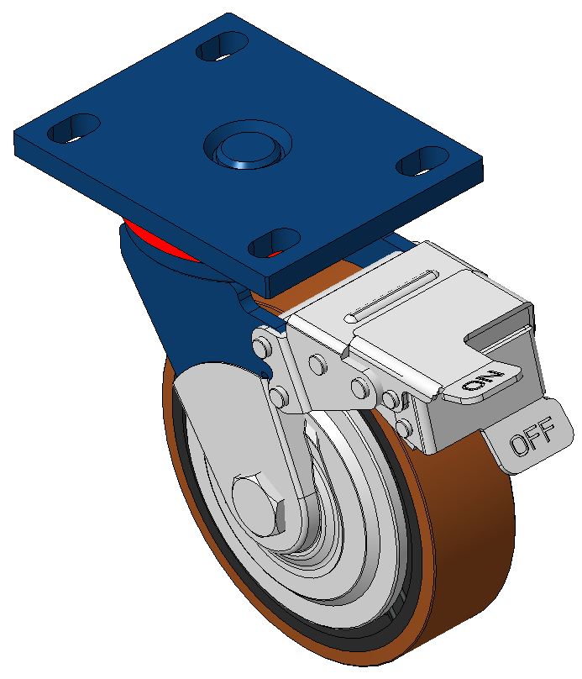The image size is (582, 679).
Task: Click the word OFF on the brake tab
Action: (532, 436)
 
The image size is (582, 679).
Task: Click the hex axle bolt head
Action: (259, 505)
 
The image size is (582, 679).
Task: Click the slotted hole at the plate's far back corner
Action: (222, 46)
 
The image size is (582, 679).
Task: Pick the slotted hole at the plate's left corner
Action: (74, 129)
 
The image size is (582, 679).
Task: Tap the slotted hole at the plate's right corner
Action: (422, 161)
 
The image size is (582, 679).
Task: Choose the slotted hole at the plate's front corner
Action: (274, 243)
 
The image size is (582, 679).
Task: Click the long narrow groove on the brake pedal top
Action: (391, 296)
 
